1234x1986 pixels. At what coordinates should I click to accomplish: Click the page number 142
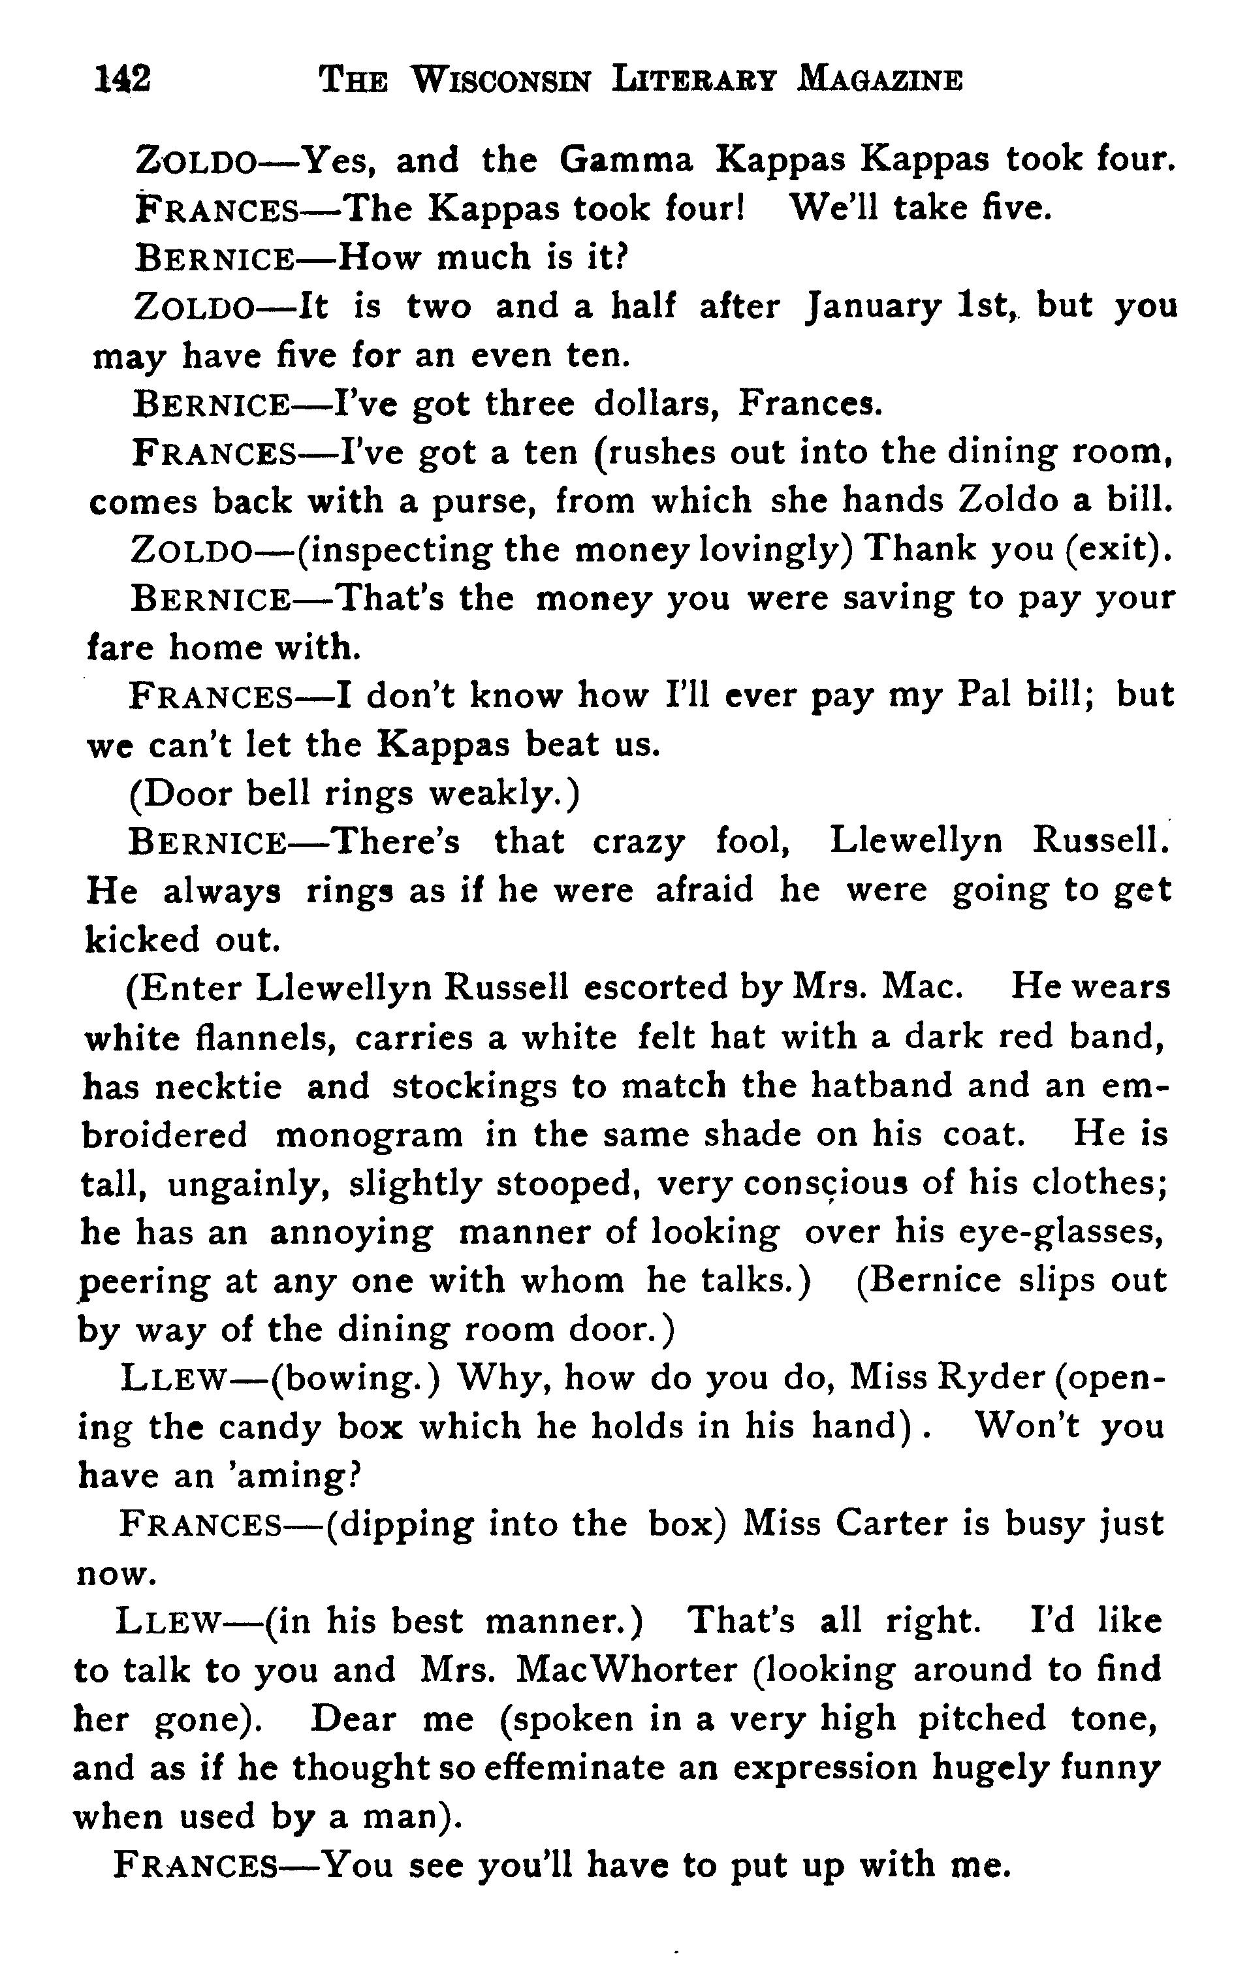point(123,80)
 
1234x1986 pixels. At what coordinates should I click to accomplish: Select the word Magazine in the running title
point(880,80)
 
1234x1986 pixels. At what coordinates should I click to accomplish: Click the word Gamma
point(626,160)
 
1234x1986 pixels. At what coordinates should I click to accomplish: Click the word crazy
point(639,842)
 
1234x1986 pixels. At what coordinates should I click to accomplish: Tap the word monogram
point(369,1135)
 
